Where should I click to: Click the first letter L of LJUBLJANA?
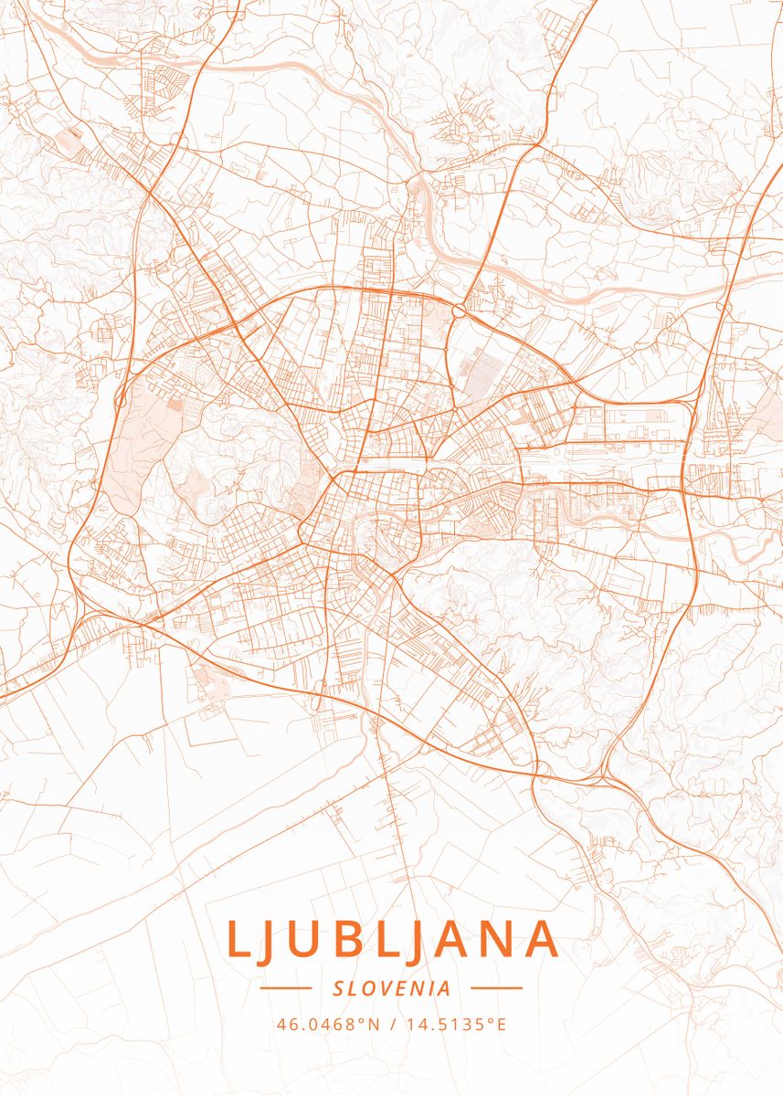click(236, 940)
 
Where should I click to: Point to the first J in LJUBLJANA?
click(270, 940)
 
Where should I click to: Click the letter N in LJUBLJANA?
click(499, 940)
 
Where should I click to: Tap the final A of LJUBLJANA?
click(542, 940)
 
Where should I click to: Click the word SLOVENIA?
click(392, 988)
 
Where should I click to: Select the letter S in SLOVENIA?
click(339, 988)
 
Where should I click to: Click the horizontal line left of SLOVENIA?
click(286, 988)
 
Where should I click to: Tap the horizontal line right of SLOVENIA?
click(496, 988)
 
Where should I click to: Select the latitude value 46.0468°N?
click(327, 1025)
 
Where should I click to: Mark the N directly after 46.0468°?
click(373, 1025)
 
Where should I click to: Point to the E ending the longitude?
click(501, 1025)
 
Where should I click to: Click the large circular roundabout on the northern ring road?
click(457, 311)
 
